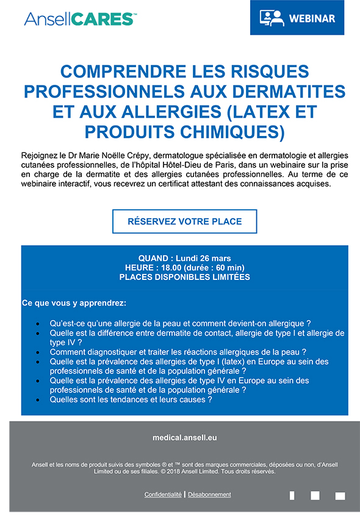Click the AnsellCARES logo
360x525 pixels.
tap(79, 18)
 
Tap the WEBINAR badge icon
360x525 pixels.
tap(272, 18)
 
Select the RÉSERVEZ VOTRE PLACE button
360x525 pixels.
tap(184, 221)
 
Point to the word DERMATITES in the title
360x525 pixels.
tap(297, 91)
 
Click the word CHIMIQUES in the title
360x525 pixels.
tap(235, 130)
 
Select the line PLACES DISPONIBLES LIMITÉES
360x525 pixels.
tap(184, 277)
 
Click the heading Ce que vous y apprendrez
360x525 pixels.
tap(74, 303)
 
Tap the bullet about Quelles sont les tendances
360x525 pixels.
tap(131, 400)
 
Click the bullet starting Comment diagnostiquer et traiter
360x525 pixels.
tap(178, 352)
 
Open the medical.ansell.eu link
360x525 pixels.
tap(184, 438)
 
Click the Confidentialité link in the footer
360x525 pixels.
tap(163, 495)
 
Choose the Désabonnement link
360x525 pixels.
tap(209, 495)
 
